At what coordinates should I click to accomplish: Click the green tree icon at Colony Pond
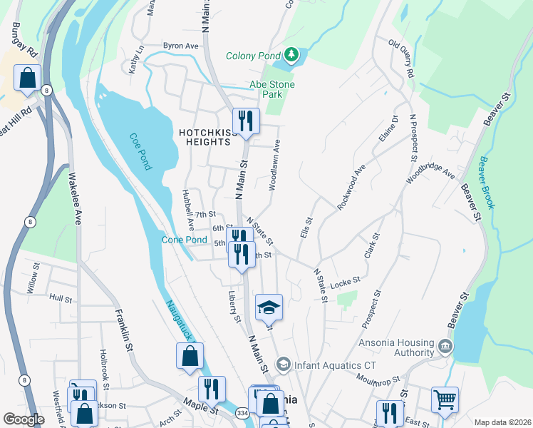(x=290, y=55)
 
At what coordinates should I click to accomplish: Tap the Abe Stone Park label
(x=271, y=89)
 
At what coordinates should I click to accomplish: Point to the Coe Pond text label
(x=140, y=152)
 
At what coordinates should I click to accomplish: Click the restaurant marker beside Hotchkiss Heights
(x=246, y=120)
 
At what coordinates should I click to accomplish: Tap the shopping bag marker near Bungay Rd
(x=27, y=79)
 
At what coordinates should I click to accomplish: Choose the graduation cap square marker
(x=269, y=307)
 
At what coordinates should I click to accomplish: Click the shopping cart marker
(x=445, y=400)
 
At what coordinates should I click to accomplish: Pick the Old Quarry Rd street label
(x=402, y=58)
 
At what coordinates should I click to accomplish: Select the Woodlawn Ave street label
(x=274, y=164)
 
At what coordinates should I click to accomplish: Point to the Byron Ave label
(x=180, y=46)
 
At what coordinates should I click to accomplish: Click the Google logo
(x=24, y=419)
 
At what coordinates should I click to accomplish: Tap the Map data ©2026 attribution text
(x=502, y=422)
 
